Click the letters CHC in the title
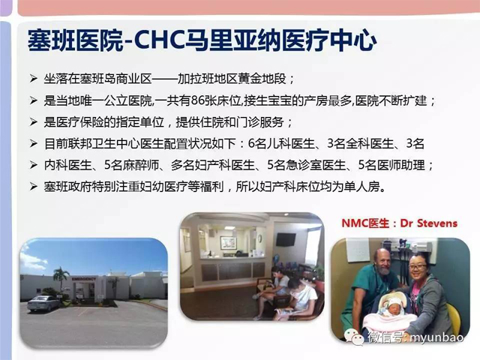(159, 40)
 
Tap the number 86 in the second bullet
(197, 100)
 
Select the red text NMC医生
(365, 223)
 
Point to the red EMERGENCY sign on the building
(83, 279)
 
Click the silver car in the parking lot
(43, 303)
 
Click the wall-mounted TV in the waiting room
(286, 239)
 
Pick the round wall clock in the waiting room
(259, 238)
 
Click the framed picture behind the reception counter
(228, 243)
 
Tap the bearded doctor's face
(382, 262)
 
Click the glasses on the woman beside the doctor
(417, 267)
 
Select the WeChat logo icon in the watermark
(354, 337)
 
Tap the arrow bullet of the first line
(33, 79)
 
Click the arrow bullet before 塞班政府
(33, 187)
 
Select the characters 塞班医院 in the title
(75, 40)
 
